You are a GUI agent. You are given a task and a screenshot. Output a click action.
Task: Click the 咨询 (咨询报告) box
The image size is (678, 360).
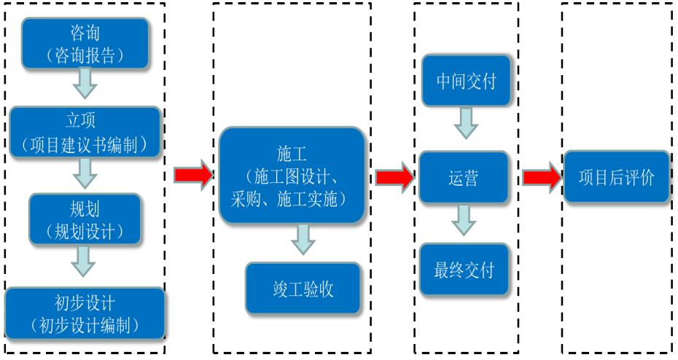point(85,42)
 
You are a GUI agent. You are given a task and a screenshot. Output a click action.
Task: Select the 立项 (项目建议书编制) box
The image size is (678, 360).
point(85,132)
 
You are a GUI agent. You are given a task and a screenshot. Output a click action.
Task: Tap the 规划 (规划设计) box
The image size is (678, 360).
point(85,219)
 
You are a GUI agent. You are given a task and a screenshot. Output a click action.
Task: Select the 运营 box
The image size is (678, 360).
point(464,177)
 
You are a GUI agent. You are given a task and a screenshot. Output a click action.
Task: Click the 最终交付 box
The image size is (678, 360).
point(464,270)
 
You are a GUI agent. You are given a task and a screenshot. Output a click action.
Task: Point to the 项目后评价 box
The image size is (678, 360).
point(616,177)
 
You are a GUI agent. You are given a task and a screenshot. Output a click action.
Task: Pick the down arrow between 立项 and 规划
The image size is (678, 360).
point(85,173)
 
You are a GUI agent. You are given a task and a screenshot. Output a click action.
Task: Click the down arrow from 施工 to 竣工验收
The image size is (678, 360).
point(303,240)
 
